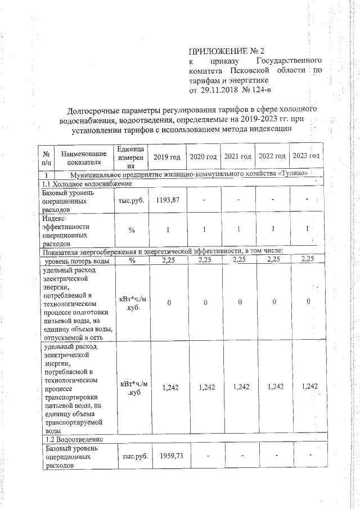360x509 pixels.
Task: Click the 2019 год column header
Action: [167, 156]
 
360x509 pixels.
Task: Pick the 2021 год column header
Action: [238, 156]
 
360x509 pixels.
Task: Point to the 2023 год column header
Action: [307, 156]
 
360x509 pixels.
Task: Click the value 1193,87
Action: [167, 201]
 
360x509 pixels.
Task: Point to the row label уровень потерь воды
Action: [77, 260]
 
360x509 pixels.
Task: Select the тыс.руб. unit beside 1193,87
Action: [133, 201]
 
